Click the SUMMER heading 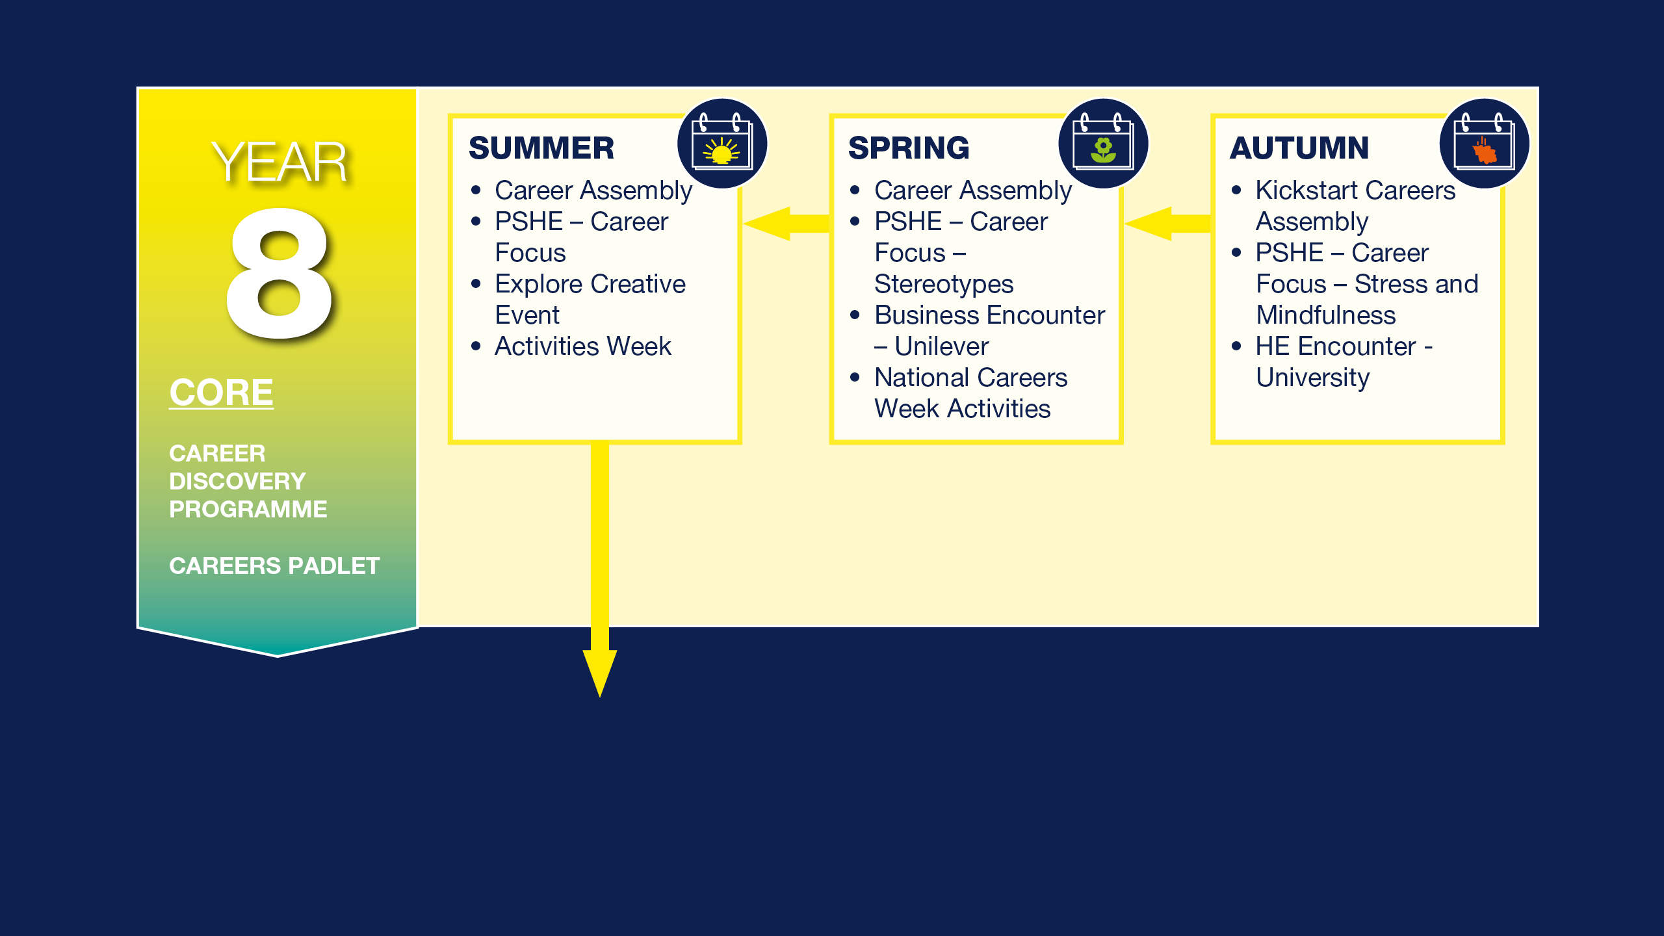pos(541,148)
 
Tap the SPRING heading pos(909,148)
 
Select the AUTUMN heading pos(1299,148)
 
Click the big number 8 pos(279,273)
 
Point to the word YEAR pos(279,162)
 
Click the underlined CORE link pos(222,393)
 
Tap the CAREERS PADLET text pos(274,566)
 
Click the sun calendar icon pos(722,144)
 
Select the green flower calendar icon pos(1103,144)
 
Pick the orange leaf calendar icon pos(1485,144)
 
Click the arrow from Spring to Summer pos(786,224)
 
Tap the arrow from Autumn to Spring pos(1167,224)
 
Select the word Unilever pos(941,346)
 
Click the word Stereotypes pos(944,284)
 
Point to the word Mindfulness pos(1326,315)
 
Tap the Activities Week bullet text pos(583,346)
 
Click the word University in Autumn pos(1313,378)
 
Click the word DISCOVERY pos(237,482)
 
